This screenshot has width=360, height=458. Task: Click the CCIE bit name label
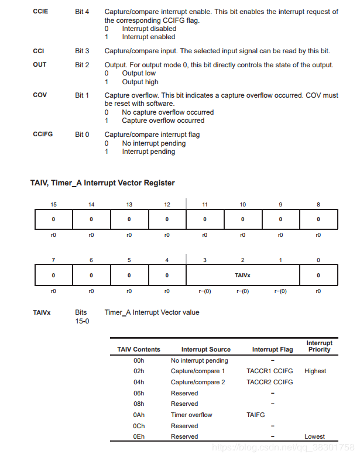pos(41,12)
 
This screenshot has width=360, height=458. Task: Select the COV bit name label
pos(40,95)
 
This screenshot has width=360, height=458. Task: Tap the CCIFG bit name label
pos(43,135)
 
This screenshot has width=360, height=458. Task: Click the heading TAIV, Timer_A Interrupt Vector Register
pos(102,182)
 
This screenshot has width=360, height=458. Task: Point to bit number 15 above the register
pos(53,205)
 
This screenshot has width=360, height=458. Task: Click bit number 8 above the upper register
pos(318,205)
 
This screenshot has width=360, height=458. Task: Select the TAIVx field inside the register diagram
pos(242,275)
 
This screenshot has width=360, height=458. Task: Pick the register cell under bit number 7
pos(53,275)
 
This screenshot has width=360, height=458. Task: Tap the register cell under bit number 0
pos(318,275)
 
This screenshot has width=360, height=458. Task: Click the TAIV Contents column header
pos(139,349)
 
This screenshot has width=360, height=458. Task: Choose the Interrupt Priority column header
pos(319,346)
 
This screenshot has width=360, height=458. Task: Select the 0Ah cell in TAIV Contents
pos(139,415)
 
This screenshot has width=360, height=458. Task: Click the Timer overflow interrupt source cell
pos(191,415)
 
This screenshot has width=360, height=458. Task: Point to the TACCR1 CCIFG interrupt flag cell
pos(270,371)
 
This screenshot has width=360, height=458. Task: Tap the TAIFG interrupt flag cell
pos(256,415)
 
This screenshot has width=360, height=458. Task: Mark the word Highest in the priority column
pos(315,371)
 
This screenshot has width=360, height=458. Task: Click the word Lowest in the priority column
pos(314,436)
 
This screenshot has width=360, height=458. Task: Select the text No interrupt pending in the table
pos(200,360)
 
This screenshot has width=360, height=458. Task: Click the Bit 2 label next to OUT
pos(82,65)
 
